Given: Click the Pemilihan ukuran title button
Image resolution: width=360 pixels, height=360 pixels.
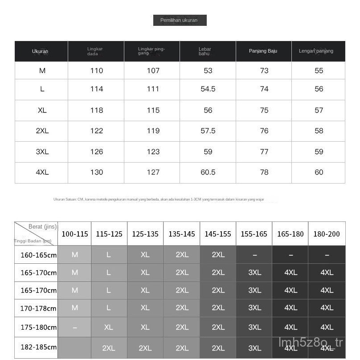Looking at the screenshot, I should click(180, 20).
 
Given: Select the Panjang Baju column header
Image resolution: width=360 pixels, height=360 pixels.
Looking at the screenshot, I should click(263, 51).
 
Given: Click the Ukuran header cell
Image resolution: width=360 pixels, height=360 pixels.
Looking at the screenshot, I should click(40, 51).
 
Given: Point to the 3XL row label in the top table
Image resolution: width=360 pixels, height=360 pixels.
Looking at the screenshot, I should click(42, 151).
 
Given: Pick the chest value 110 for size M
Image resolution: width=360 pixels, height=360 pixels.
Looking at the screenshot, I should click(96, 70).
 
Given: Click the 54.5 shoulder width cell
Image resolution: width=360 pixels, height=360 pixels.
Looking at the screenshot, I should click(208, 89).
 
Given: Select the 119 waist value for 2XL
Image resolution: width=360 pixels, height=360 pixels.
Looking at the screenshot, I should click(153, 131).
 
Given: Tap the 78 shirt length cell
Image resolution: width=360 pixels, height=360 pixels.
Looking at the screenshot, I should click(264, 172).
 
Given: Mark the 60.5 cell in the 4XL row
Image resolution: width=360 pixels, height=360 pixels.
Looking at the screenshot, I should click(208, 172).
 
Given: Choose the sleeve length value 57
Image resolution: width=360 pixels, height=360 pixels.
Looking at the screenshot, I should click(319, 110).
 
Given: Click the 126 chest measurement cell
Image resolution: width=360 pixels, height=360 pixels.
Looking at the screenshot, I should click(96, 151).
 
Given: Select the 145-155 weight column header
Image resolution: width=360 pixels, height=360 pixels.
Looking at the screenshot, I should click(218, 234).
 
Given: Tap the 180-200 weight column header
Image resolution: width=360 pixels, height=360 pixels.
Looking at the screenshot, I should click(327, 234).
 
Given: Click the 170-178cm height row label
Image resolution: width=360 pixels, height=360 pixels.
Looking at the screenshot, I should click(38, 308).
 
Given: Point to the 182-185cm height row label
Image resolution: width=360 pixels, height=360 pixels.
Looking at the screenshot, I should click(38, 347).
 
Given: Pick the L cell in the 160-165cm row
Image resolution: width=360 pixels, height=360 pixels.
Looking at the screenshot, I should click(109, 254).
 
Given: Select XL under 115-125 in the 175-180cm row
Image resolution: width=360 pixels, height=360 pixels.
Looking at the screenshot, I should click(109, 327).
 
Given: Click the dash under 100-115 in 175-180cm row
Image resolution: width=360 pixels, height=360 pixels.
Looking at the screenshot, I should click(74, 327).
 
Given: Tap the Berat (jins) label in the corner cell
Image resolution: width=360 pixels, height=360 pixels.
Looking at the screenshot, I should click(42, 226).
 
